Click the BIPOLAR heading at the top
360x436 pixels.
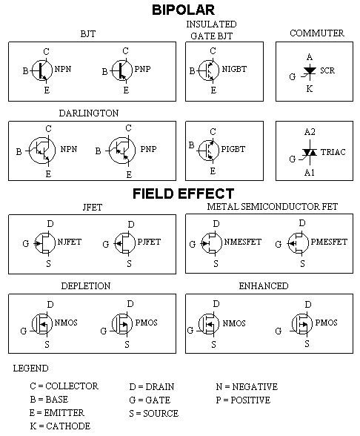(184, 10)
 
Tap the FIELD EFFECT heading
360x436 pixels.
(184, 194)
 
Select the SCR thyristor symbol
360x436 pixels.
(309, 72)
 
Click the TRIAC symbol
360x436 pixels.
(310, 153)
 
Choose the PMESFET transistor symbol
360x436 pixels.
(298, 243)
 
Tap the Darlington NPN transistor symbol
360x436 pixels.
(42, 151)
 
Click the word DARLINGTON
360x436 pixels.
(89, 113)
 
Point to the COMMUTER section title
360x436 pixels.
(317, 33)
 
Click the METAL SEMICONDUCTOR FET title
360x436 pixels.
(273, 207)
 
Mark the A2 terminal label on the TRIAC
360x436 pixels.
(310, 131)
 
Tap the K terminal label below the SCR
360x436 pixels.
(310, 89)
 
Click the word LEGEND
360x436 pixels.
(30, 368)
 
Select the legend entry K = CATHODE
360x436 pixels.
(60, 426)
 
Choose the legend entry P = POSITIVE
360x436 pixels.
(243, 400)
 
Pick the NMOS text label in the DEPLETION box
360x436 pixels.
(66, 323)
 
